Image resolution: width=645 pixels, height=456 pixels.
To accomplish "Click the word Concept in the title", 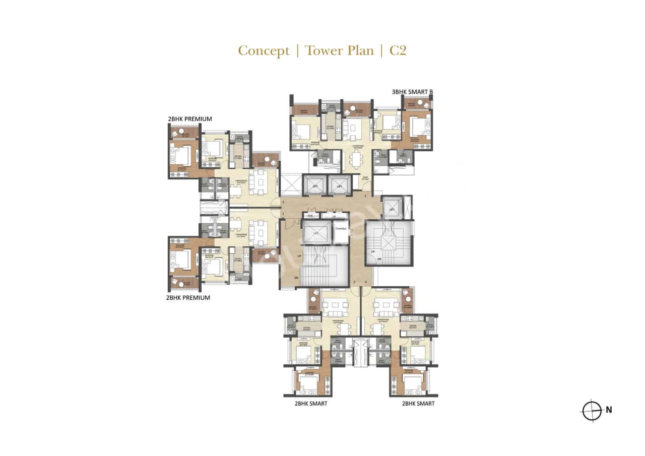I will tap(264, 51).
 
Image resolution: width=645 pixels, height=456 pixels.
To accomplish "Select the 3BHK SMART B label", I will tap(412, 92).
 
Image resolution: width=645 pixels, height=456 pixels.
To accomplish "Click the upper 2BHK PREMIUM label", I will tap(189, 119).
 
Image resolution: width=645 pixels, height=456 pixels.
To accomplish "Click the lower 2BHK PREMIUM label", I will tap(188, 298).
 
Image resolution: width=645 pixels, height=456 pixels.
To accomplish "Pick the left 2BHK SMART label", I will tap(311, 404).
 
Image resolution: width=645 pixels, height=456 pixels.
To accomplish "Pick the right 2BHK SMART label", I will tap(418, 404).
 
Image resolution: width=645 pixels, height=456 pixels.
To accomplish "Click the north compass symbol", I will tap(593, 410).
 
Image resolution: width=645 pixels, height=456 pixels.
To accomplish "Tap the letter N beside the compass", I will tap(609, 410).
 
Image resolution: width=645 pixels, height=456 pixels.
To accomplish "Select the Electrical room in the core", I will tap(341, 229).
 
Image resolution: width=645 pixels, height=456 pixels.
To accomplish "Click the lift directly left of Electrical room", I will tap(316, 232).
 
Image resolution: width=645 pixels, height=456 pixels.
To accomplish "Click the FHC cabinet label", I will tap(311, 216).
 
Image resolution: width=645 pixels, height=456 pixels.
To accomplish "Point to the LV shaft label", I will tap(334, 216).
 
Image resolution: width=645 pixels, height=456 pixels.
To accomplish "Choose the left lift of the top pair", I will tap(314, 185).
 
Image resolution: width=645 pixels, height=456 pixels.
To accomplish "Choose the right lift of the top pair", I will tap(341, 185).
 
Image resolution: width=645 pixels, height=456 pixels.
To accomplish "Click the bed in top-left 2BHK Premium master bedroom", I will tap(180, 154).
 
